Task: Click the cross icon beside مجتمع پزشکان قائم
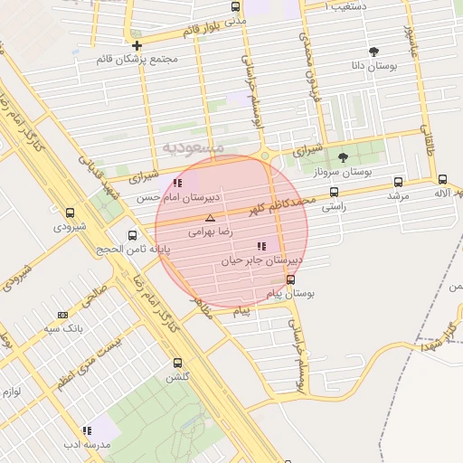click(x=137, y=44)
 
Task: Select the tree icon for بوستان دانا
click(x=373, y=52)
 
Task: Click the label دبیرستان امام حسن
click(x=179, y=196)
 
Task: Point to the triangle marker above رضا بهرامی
click(x=211, y=218)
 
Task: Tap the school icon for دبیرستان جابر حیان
click(x=261, y=246)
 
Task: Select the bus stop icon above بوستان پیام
click(x=289, y=279)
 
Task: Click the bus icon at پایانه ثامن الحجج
click(x=133, y=235)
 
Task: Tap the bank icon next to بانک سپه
click(x=62, y=315)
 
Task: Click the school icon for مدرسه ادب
click(x=87, y=431)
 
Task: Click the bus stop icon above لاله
click(x=442, y=179)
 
